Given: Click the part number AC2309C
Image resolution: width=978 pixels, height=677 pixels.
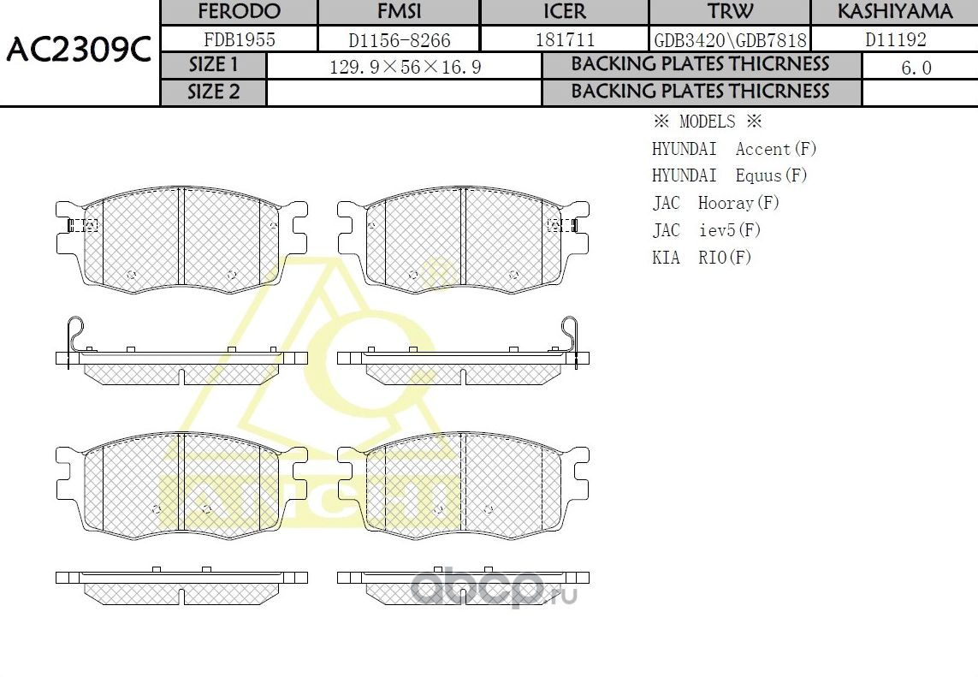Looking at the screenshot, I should tap(79, 52).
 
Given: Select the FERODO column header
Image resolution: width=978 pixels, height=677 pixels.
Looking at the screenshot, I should tap(239, 12).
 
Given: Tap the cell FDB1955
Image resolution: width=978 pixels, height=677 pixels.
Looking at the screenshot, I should tap(239, 39).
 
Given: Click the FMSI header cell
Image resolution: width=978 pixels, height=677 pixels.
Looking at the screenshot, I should tap(399, 12).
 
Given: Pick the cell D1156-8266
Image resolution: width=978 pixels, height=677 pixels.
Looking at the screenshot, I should tap(399, 39).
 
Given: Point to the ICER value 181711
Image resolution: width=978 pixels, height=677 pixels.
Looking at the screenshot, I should tap(565, 39).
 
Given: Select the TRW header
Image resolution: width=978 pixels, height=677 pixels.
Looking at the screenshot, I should tap(730, 12).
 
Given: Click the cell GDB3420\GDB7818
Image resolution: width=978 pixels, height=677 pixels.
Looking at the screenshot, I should tap(730, 39).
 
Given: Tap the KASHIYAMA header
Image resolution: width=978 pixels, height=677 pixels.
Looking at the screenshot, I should tap(894, 12).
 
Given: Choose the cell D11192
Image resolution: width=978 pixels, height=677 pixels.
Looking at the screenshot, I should tap(895, 39).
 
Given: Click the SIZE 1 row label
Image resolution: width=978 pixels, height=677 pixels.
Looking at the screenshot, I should tap(214, 65).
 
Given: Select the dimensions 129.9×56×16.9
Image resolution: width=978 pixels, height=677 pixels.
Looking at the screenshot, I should tap(405, 67).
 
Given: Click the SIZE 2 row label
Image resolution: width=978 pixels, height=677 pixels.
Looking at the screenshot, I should tap(214, 92).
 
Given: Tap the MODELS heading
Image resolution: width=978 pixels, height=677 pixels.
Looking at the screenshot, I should tap(706, 122).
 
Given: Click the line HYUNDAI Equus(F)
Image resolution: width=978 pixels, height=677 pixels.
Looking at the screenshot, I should tap(729, 175).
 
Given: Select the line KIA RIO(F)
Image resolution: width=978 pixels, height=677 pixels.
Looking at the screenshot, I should tap(702, 258).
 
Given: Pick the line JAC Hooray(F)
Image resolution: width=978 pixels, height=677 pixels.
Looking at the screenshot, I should tap(715, 203).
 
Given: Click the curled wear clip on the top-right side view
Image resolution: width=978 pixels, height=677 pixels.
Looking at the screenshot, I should tap(571, 334).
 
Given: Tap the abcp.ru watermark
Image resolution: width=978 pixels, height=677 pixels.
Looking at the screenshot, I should tap(494, 589).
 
